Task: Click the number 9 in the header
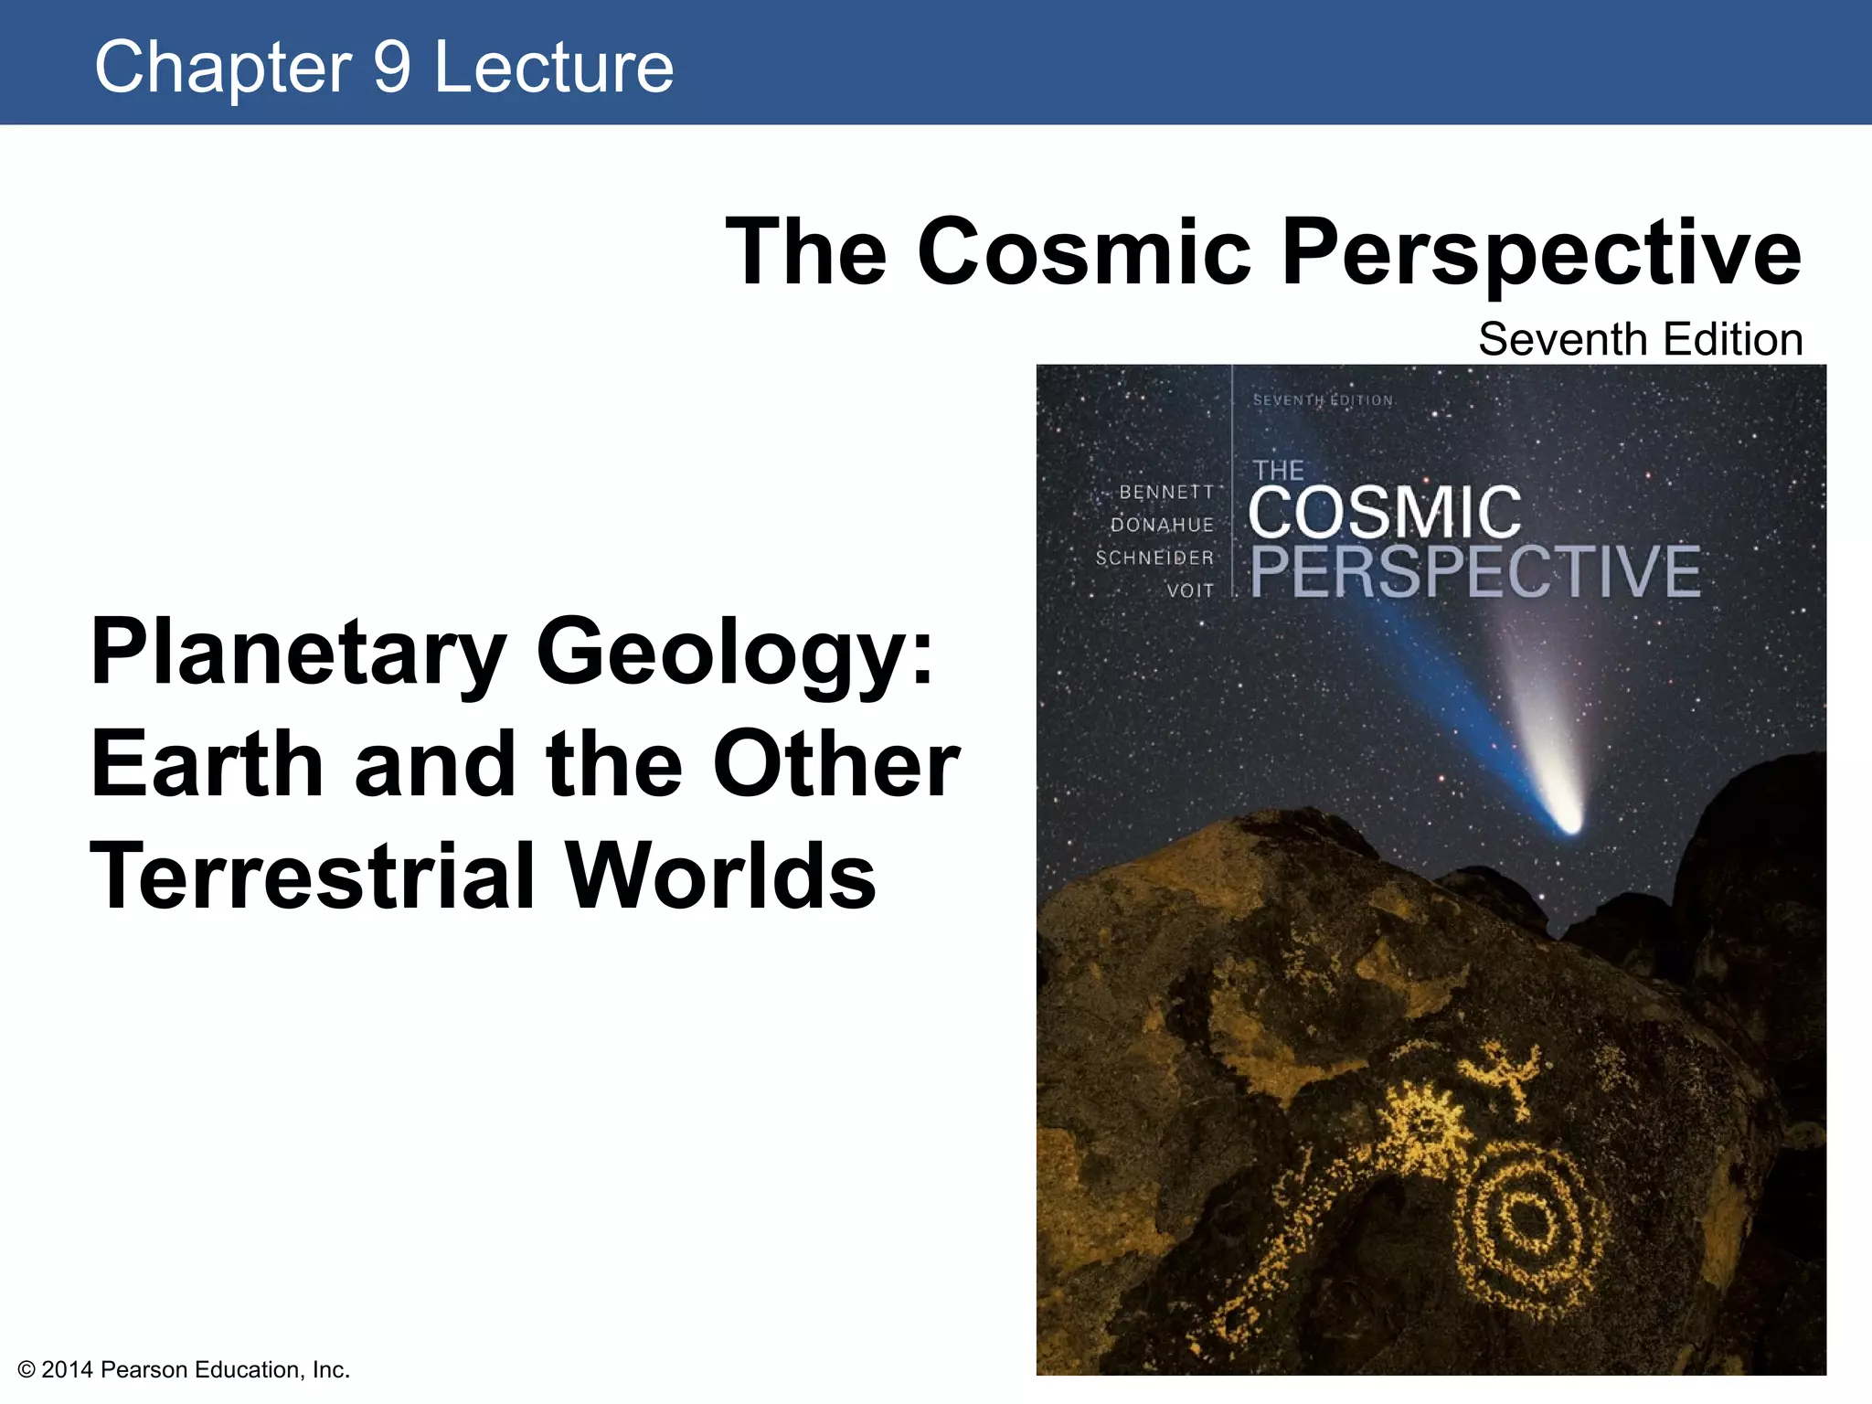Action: click(392, 67)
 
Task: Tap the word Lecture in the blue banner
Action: click(554, 67)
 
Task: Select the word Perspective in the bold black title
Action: click(1541, 253)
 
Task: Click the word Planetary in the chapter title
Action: click(298, 653)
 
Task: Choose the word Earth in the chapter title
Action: click(207, 764)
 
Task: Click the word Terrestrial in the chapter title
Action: click(312, 876)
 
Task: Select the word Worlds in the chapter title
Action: click(720, 876)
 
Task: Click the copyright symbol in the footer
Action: click(27, 1369)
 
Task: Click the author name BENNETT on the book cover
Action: click(1166, 492)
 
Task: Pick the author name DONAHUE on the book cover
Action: click(1162, 525)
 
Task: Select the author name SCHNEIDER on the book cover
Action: click(1154, 558)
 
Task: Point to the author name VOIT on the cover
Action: click(1190, 590)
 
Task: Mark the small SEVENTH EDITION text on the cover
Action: click(1323, 400)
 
